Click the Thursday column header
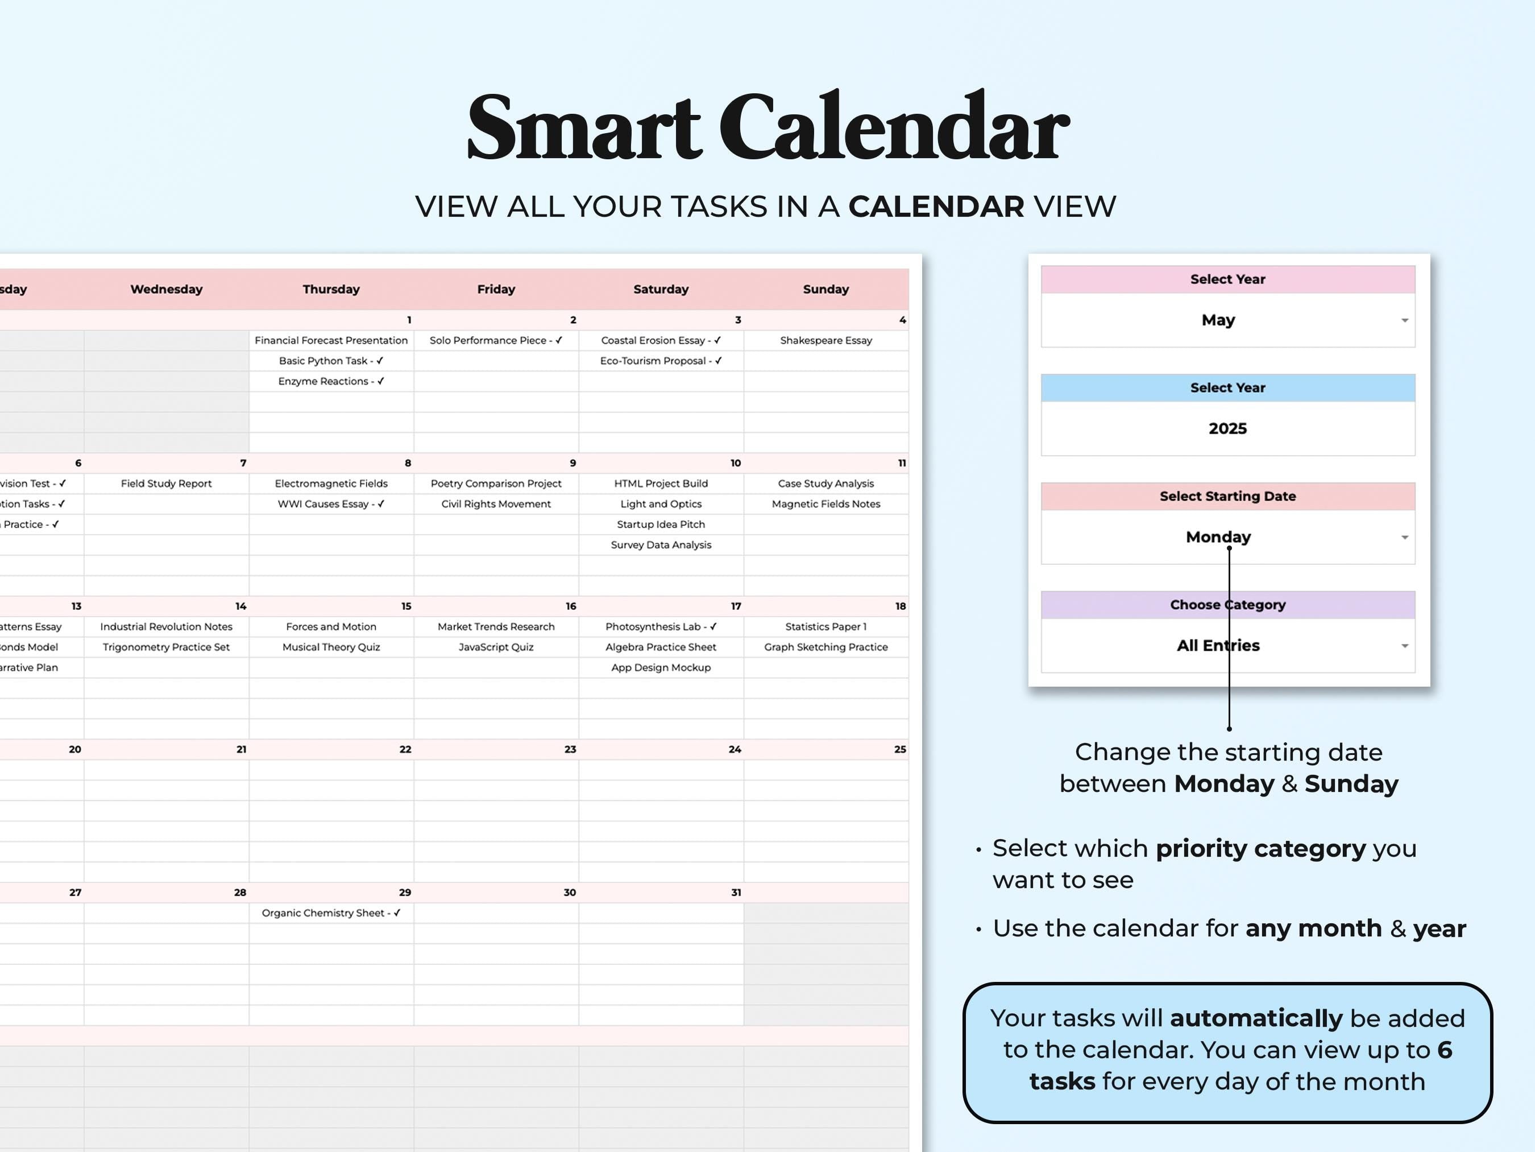331,290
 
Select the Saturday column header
661,290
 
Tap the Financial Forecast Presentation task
331,340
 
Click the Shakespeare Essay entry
826,340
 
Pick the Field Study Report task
166,484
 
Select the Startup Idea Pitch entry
661,525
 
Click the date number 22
405,750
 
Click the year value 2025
1227,428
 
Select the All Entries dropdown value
1218,646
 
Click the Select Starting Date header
1227,497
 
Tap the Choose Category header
1227,605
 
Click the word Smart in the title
584,129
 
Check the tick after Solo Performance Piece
559,340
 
